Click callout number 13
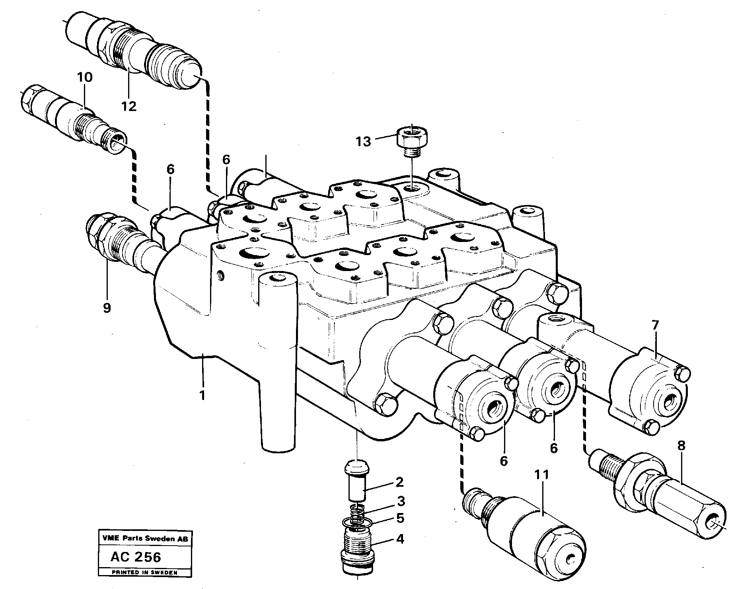click(363, 141)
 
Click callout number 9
click(107, 308)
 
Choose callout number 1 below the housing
click(202, 395)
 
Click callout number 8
click(681, 446)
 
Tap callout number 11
click(542, 474)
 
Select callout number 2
click(400, 482)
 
